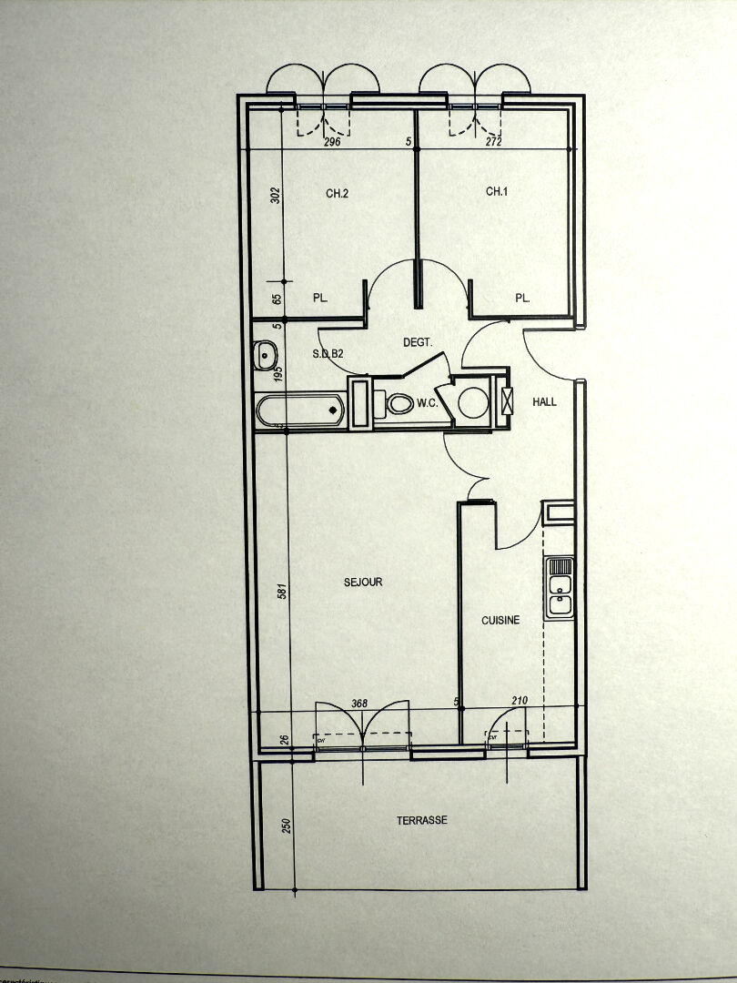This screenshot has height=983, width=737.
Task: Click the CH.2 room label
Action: (337, 192)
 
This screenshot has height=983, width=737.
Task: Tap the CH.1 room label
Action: (496, 191)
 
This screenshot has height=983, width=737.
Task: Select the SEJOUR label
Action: (363, 582)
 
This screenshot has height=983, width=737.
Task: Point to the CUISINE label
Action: (500, 620)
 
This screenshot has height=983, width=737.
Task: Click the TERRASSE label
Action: (421, 820)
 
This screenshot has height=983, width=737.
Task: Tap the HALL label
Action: (544, 401)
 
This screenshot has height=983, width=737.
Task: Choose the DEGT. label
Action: (417, 342)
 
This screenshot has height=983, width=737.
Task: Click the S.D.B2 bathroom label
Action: (327, 353)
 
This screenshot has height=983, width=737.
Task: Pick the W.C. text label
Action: (428, 403)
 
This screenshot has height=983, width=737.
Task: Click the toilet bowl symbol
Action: (399, 404)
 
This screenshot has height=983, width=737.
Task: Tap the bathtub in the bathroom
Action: (300, 411)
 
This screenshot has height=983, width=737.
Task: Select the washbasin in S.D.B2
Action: (266, 353)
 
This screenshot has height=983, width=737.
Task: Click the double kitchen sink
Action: (559, 588)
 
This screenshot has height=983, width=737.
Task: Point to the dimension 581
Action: (282, 590)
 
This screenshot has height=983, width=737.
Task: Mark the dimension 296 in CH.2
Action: (331, 143)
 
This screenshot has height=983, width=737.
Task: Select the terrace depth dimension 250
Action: (286, 826)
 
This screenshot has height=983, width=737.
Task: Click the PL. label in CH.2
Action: (319, 298)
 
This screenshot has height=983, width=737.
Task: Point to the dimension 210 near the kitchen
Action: (520, 700)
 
